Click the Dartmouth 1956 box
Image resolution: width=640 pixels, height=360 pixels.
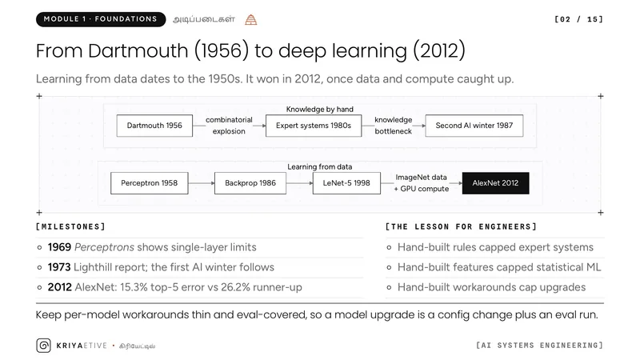point(154,126)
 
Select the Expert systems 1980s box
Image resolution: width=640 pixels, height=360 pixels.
point(314,126)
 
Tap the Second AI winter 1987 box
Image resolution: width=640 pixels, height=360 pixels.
point(474,126)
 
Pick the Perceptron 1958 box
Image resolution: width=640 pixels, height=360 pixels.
point(150,183)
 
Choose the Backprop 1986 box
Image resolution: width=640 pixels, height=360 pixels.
point(250,183)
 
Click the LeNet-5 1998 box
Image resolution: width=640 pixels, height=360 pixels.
point(346,183)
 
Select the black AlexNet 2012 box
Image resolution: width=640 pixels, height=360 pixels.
point(495,183)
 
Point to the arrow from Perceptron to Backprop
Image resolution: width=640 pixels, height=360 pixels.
point(202,183)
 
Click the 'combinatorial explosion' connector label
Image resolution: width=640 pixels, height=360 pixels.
point(229,126)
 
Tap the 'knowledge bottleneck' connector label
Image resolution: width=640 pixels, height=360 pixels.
point(393,126)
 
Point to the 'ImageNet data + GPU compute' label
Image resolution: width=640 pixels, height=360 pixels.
point(422,183)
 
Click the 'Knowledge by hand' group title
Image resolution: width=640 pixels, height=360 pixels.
point(319,110)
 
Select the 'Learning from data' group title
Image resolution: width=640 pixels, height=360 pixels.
point(319,167)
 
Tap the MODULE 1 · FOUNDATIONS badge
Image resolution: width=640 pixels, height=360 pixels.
point(101,19)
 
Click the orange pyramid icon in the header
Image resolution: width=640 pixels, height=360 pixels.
point(251,19)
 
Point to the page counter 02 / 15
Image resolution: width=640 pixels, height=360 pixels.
point(578,19)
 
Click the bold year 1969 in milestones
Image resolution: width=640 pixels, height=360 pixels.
point(59,247)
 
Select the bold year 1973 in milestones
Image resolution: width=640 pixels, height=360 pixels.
point(59,267)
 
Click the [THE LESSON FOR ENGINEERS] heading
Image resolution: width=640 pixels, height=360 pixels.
point(461,227)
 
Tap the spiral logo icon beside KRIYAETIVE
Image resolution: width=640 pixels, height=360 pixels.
point(44,346)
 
